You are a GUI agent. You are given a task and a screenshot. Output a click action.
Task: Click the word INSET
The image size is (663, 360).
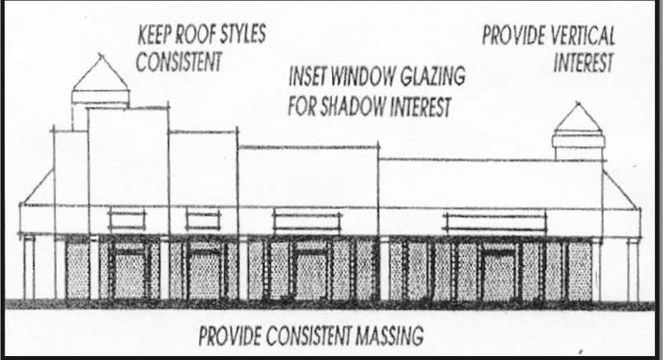point(309,77)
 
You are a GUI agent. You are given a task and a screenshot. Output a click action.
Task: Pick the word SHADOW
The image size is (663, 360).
point(357,107)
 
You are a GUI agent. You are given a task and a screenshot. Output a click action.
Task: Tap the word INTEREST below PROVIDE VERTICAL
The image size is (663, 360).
point(583,63)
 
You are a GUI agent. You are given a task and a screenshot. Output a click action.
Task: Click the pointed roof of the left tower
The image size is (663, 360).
point(100,75)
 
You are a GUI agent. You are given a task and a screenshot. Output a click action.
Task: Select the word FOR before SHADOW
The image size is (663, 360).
point(304,107)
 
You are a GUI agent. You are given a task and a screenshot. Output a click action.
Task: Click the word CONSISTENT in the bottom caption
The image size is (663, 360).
point(306,336)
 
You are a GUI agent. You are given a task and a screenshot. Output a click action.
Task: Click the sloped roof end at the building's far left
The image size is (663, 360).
point(37,189)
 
